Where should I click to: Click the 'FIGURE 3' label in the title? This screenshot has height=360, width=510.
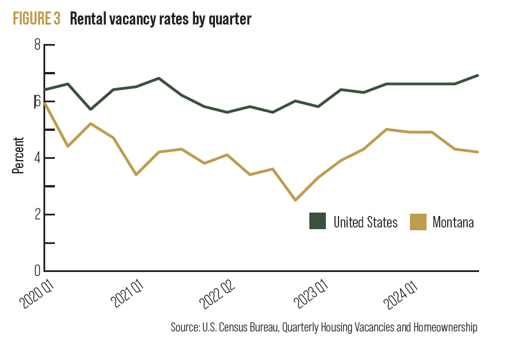click(x=37, y=19)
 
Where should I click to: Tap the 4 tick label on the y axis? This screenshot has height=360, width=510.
click(x=38, y=158)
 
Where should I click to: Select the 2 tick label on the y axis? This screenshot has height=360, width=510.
click(x=38, y=214)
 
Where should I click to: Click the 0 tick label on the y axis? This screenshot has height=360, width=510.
click(x=38, y=270)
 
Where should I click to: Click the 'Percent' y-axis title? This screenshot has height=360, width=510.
click(x=18, y=155)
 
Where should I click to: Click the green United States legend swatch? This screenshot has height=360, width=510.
click(x=317, y=221)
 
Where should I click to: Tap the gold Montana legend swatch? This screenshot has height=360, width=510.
click(x=418, y=221)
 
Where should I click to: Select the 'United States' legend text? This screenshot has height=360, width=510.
click(x=365, y=222)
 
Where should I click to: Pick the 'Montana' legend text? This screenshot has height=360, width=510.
click(x=453, y=222)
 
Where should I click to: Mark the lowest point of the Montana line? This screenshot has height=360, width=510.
click(x=296, y=200)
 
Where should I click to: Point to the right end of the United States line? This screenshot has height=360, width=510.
click(x=477, y=75)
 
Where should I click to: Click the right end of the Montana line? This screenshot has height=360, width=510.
click(x=477, y=152)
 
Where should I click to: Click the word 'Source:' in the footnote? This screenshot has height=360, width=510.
click(x=185, y=328)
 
